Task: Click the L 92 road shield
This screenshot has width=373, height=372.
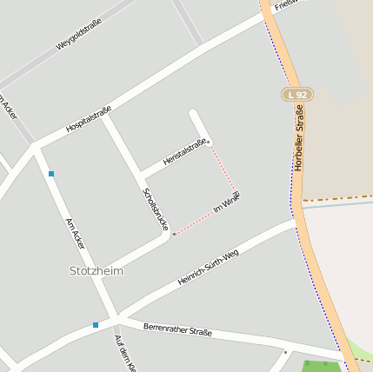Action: [297, 94]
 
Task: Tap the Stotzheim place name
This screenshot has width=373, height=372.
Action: [96, 271]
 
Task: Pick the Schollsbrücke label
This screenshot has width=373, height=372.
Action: [155, 209]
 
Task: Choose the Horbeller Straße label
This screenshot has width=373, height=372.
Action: [299, 137]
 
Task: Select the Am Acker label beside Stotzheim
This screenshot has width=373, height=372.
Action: [75, 234]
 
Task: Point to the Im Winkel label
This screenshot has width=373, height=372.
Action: [226, 203]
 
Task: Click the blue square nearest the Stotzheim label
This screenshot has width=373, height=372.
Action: [96, 325]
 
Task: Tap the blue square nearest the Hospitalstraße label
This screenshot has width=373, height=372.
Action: [51, 174]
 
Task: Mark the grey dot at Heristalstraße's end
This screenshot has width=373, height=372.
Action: [209, 142]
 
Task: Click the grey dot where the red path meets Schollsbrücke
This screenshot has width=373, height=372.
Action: [173, 234]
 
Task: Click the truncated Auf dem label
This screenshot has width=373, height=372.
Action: [125, 355]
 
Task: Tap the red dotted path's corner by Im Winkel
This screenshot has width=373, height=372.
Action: [235, 190]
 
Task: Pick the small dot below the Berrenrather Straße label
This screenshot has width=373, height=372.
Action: [284, 352]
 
